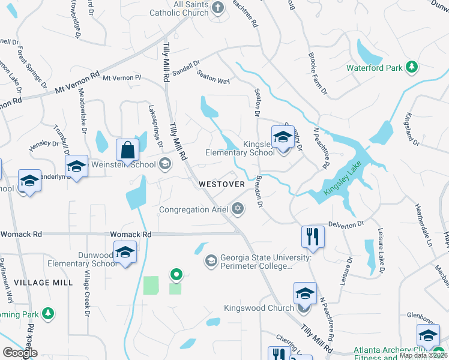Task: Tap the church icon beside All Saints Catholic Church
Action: point(217,8)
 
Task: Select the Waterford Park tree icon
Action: point(412,67)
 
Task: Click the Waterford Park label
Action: point(374,68)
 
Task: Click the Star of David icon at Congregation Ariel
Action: point(238,209)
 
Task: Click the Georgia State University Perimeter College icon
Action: point(211,260)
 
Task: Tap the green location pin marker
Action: point(176,275)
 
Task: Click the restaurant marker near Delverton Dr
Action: point(313,235)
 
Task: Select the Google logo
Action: point(20,353)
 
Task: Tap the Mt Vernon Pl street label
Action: point(121,78)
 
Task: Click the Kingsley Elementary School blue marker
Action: point(283,137)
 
